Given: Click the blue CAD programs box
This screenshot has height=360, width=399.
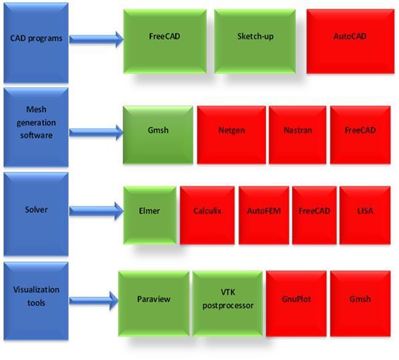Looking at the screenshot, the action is tap(36, 43).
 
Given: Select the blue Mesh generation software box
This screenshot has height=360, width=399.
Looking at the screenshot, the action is tap(36, 128).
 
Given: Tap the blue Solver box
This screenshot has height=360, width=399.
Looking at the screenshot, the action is tap(36, 214).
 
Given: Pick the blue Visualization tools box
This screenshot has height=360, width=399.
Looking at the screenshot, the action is tap(36, 301).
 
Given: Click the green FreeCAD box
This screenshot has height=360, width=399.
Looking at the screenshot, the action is tap(165, 41).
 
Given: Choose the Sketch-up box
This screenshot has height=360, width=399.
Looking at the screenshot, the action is tap(255, 41).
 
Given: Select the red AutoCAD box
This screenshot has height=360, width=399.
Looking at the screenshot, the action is tap(350, 41).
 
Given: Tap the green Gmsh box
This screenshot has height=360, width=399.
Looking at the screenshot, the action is tap(158, 135).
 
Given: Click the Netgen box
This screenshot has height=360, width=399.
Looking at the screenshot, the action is tap(231, 135).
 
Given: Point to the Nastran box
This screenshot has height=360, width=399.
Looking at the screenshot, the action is tap(297, 135).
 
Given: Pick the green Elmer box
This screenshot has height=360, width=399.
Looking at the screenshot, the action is tap(150, 215).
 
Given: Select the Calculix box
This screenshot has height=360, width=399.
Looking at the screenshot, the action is tap(207, 215).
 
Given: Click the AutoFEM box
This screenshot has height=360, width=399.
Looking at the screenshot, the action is tap(264, 215).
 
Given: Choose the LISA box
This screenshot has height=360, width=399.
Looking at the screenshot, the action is tap(365, 215).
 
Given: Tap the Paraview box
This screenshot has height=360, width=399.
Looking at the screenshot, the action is tap(154, 303).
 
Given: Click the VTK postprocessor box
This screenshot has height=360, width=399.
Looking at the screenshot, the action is tap(227, 303).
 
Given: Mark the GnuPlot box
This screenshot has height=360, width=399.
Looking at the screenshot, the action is tap(296, 303).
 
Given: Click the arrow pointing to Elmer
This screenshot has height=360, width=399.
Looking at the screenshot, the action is tap(96, 211).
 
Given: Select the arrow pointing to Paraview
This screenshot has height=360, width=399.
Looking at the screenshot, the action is tap(94, 301).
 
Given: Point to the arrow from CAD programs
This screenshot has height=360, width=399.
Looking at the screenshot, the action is tap(96, 39).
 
